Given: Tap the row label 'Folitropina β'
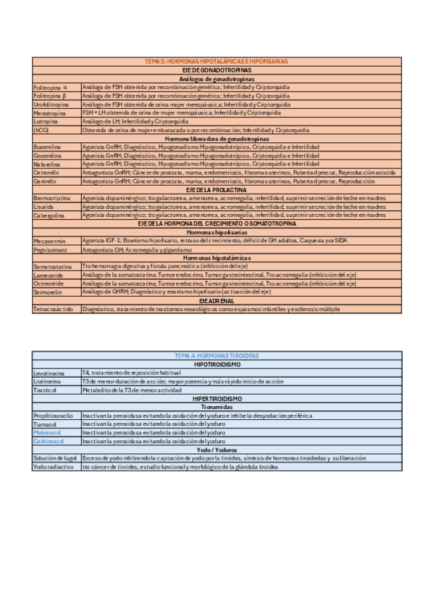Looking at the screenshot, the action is click(50, 96).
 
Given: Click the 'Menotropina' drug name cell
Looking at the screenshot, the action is click(50, 113).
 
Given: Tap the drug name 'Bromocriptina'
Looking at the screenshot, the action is click(51, 198).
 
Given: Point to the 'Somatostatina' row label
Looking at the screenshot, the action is click(53, 267).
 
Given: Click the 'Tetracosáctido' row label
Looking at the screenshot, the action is click(54, 309).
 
